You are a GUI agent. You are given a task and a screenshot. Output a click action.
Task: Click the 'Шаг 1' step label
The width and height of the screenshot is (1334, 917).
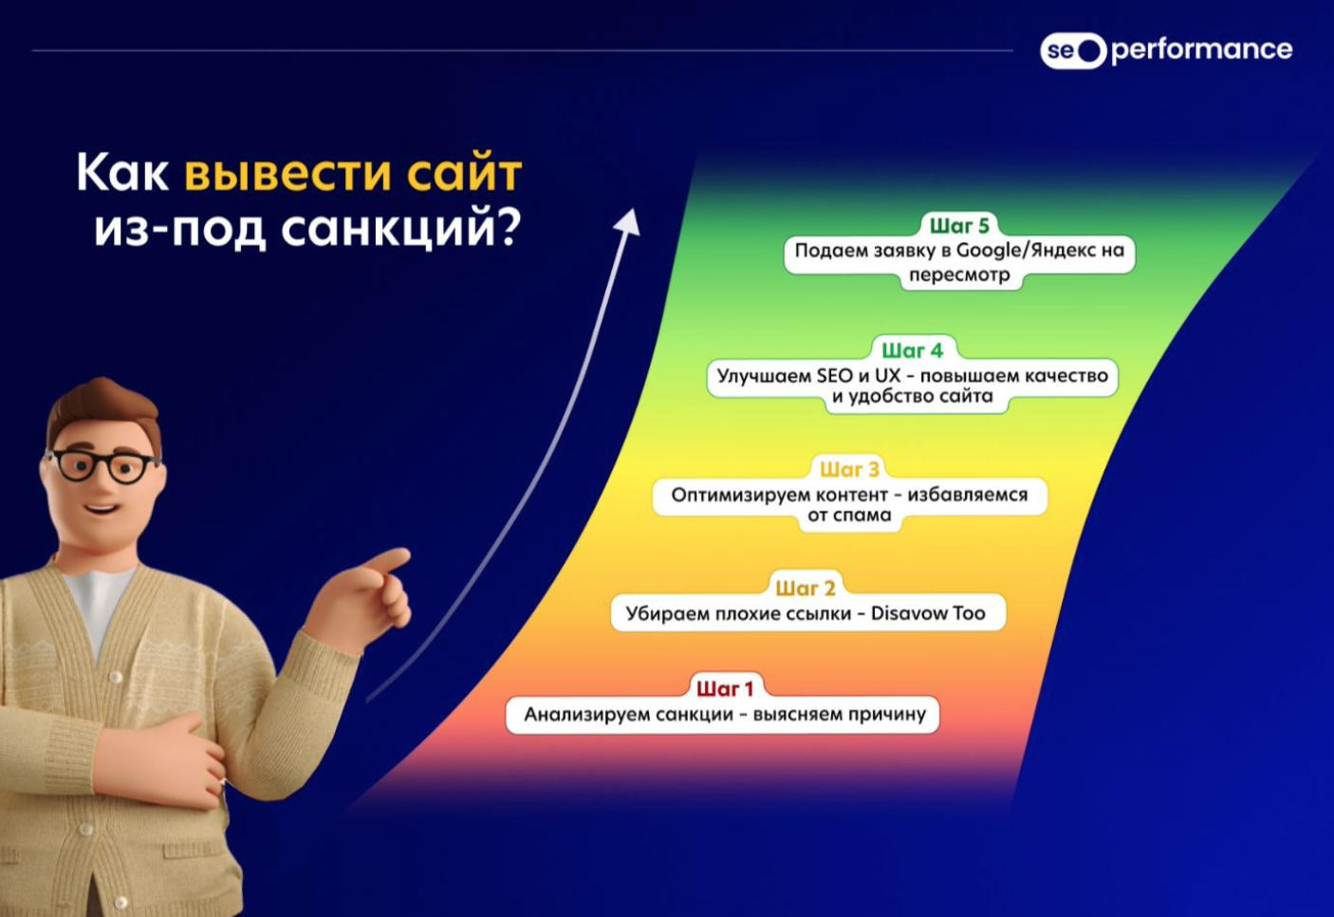(725, 689)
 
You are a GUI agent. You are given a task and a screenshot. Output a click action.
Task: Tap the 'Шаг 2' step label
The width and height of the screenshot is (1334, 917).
(806, 589)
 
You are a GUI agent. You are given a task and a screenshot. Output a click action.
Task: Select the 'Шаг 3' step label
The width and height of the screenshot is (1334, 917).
(849, 470)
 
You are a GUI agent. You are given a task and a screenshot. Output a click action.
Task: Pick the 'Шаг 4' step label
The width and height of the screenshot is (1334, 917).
(913, 350)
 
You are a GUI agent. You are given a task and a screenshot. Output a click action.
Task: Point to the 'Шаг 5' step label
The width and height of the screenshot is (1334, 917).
(959, 226)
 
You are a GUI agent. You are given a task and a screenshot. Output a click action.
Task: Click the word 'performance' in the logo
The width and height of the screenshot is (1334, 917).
(1202, 51)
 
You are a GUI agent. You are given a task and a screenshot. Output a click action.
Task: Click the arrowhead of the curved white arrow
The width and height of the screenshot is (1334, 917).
(628, 220)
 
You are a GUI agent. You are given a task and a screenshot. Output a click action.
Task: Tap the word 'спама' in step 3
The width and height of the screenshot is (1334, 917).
(865, 515)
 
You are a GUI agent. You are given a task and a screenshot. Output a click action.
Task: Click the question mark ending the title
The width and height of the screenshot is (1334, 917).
(509, 229)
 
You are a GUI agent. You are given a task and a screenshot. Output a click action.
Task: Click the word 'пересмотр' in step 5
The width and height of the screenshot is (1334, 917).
(959, 275)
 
